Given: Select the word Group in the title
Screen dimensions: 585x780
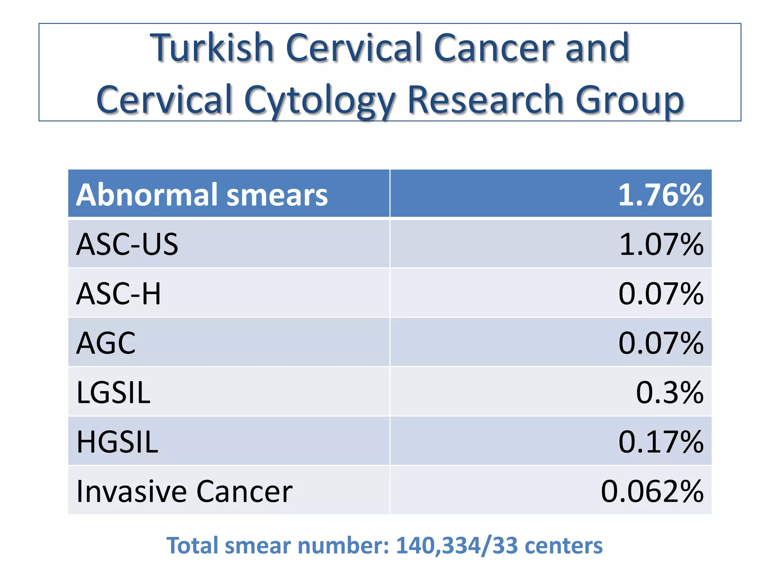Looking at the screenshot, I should pos(630,100).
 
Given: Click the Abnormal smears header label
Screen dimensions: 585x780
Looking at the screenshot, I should pos(202,195).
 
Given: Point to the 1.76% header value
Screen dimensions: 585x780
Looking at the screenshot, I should pos(660,195).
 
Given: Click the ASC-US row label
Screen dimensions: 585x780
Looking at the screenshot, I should pos(127,244).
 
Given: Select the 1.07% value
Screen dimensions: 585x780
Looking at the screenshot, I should pos(661,244).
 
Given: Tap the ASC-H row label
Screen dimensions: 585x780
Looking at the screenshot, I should pos(118,294).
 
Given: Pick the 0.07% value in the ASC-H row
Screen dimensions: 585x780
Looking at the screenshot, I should pos(660,294).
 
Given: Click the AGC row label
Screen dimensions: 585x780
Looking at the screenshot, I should pos(106,343).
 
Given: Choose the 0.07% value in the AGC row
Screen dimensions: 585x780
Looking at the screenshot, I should pos(660,343).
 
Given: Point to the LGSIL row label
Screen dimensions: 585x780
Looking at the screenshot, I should pos(113,392).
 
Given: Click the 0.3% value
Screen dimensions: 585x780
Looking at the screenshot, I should pos(670,392).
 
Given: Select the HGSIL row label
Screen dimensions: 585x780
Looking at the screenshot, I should pos(117,442).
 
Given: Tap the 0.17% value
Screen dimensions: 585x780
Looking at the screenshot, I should pos(660,442).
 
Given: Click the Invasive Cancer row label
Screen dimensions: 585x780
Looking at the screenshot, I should pos(184,491).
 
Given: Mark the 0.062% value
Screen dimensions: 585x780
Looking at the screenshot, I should pos(652,491).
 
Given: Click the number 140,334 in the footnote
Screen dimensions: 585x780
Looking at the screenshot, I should pos(438,545).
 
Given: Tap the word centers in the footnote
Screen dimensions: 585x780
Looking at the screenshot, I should pos(563,545).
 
